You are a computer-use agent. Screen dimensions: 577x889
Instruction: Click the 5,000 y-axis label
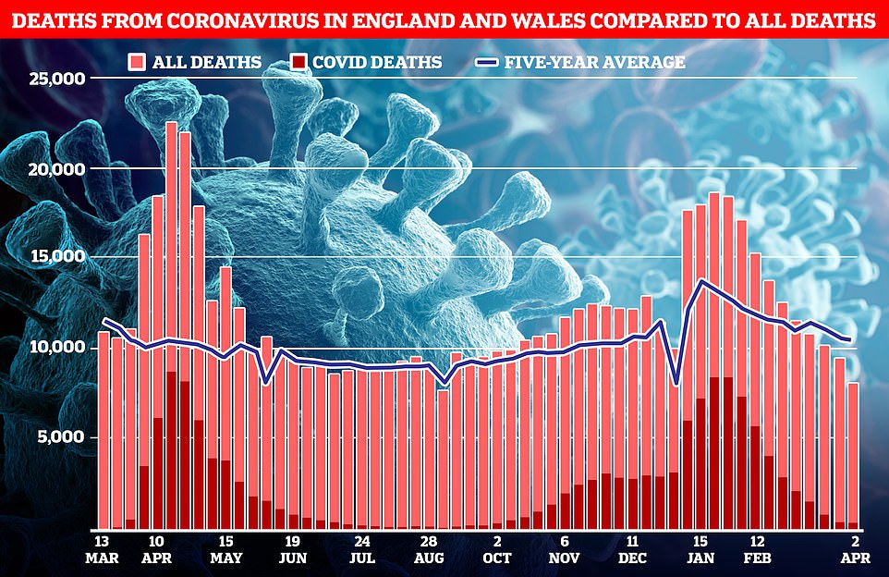click(61, 436)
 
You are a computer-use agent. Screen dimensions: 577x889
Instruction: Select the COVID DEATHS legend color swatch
click(298, 63)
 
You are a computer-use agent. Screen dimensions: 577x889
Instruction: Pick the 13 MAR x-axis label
click(104, 549)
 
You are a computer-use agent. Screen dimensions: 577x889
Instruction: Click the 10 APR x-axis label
click(156, 549)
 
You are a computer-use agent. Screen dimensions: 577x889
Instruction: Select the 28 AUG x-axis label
click(428, 549)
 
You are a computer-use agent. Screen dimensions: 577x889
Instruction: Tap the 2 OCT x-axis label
click(497, 549)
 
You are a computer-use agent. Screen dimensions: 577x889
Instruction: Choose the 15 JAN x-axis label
click(700, 549)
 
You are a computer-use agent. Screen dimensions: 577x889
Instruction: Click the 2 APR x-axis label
click(851, 549)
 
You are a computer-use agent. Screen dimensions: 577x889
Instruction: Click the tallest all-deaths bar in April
click(171, 324)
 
